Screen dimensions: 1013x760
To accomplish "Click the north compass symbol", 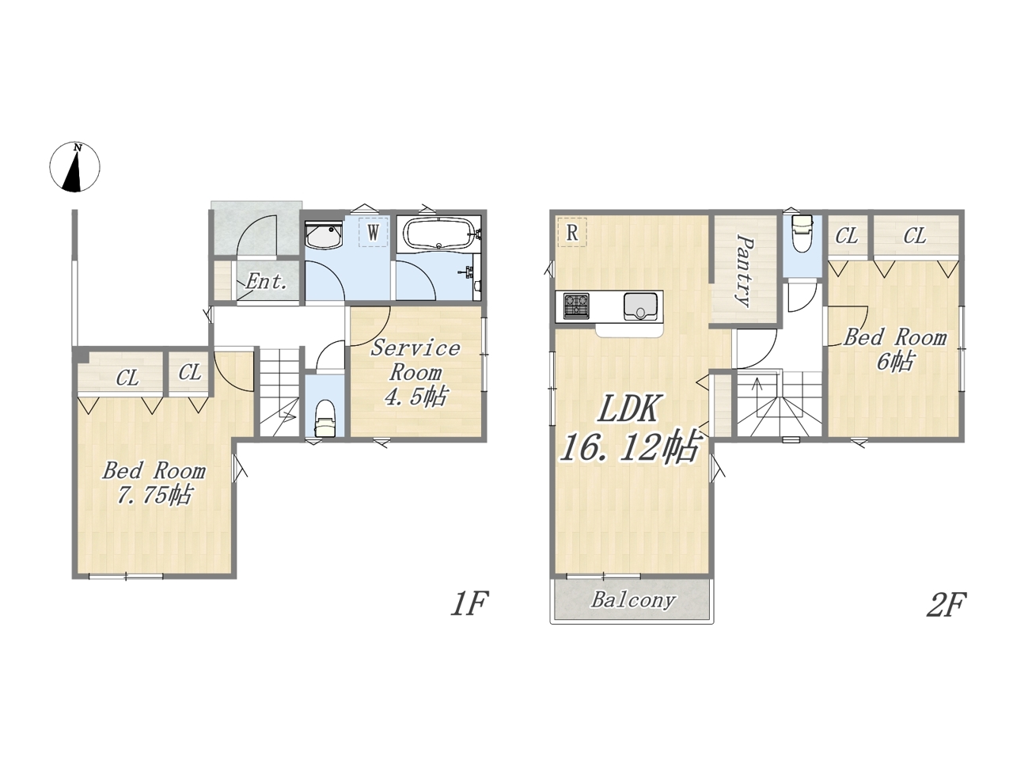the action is click(x=74, y=166).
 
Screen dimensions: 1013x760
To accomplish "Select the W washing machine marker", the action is click(x=373, y=232).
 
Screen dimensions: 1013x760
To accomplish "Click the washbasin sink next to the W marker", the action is click(x=323, y=235).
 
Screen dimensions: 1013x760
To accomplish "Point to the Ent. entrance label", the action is click(x=266, y=281).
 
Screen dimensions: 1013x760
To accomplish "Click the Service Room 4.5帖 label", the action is click(x=415, y=372).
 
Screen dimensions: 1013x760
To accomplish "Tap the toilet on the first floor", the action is click(x=324, y=418).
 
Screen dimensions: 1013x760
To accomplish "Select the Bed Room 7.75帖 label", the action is click(x=154, y=484).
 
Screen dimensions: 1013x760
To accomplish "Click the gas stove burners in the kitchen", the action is click(x=576, y=306).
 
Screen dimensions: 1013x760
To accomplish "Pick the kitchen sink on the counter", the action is click(x=640, y=306).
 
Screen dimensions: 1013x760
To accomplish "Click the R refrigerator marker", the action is click(x=572, y=232).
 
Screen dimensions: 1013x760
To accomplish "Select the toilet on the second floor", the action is click(x=802, y=234).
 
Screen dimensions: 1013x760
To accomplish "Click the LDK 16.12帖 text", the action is click(x=628, y=427).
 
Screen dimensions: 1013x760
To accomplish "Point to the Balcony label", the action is click(x=633, y=601).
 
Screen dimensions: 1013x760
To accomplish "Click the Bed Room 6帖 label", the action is click(x=895, y=349).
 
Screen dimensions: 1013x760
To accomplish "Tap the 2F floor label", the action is click(x=946, y=604).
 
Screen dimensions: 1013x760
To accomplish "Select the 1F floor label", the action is click(x=469, y=603).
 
